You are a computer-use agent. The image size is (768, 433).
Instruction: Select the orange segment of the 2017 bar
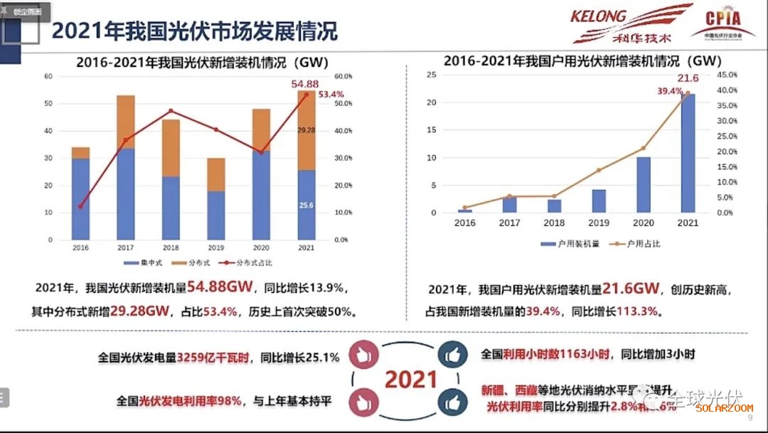126,122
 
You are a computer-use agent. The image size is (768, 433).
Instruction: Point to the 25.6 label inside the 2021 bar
306,205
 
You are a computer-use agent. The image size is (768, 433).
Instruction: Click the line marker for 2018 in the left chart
171,111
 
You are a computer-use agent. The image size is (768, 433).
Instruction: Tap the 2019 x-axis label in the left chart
216,247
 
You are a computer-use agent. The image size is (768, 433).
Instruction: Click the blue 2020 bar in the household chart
644,185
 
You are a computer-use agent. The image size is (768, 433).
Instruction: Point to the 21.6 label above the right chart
688,78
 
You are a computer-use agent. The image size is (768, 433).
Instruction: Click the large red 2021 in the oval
410,379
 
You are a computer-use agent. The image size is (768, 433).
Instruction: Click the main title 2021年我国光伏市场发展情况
194,31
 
